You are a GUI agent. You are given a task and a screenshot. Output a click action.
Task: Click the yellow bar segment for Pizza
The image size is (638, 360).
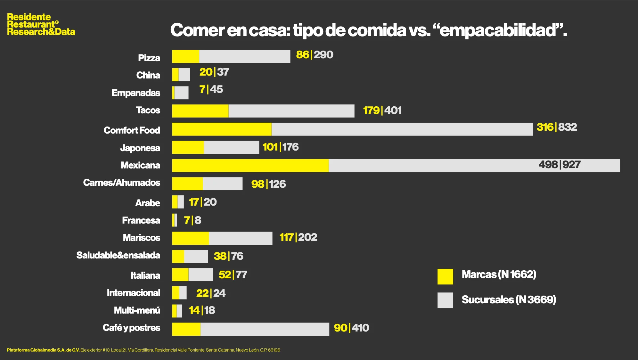185,56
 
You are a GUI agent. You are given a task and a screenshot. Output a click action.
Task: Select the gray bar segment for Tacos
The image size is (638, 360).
291,111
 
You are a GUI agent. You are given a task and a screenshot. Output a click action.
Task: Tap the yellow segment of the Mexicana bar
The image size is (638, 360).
250,165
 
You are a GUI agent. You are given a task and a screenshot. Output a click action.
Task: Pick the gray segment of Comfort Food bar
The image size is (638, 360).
402,129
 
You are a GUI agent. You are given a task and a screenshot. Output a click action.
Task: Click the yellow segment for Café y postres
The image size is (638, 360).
186,329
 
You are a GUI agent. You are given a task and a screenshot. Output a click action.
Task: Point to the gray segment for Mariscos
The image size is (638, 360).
241,238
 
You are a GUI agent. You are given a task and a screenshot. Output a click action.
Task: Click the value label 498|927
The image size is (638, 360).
559,165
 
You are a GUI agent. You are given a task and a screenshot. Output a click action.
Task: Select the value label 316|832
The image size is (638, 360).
557,127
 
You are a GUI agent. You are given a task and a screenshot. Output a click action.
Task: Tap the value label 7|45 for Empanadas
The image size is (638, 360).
211,89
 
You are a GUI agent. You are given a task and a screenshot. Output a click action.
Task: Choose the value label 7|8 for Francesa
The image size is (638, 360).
192,220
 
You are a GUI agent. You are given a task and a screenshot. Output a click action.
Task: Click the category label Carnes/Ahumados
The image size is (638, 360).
121,183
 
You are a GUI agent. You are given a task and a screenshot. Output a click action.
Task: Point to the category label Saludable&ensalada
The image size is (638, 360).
118,255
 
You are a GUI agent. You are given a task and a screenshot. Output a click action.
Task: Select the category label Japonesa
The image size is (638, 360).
140,148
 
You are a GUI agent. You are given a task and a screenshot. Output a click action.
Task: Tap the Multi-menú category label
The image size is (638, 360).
137,310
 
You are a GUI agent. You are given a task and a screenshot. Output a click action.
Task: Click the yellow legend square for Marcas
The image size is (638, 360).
445,276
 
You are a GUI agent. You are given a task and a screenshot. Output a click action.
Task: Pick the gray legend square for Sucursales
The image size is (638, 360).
445,300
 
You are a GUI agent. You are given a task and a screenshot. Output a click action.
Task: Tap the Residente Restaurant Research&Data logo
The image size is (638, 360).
41,24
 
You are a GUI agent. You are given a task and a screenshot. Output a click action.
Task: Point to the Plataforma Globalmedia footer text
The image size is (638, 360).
143,350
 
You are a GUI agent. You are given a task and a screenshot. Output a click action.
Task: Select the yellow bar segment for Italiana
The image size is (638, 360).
180,275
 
